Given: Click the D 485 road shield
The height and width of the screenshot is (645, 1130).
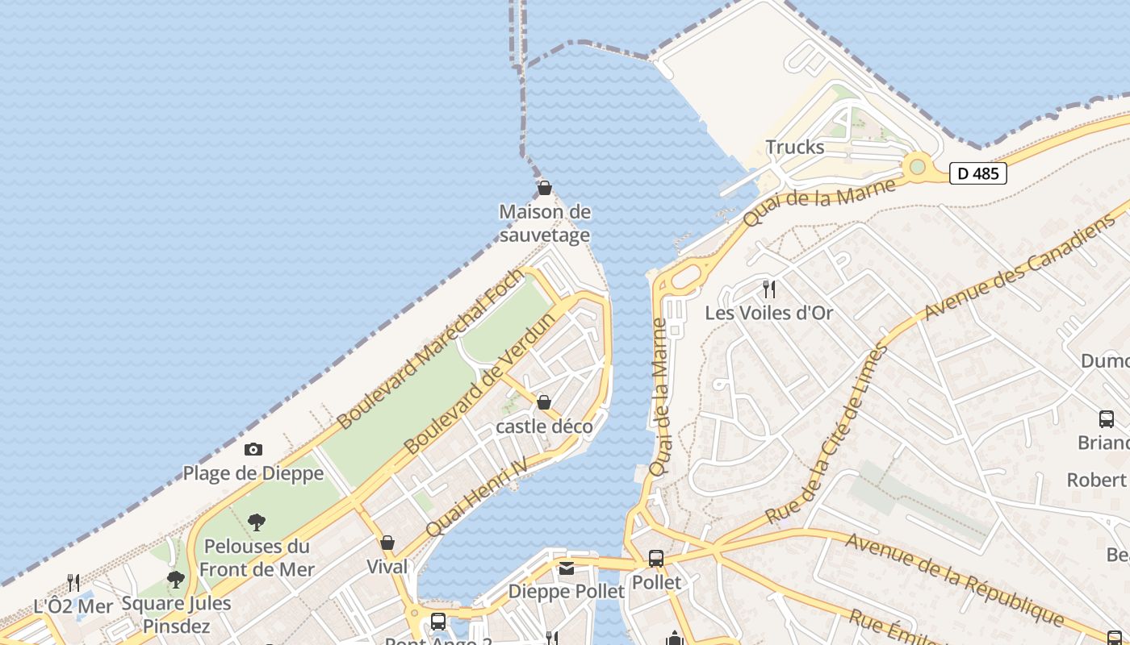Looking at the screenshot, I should [x=977, y=173].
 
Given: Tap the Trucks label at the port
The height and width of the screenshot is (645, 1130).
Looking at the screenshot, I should [x=795, y=147].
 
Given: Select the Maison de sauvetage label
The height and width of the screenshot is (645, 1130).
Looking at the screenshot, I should [x=545, y=223].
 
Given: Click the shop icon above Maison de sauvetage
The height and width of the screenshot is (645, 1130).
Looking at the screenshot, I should [x=545, y=189].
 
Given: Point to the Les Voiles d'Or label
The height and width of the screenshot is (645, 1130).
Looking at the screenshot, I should [x=768, y=313].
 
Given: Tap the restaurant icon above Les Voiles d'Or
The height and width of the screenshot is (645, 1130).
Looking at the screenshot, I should [x=769, y=289].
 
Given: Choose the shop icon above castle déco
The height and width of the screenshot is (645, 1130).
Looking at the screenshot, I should [x=544, y=402].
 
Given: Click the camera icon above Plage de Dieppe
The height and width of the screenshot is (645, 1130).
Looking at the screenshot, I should [x=253, y=450].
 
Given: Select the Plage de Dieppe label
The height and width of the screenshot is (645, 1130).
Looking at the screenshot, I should [x=253, y=473].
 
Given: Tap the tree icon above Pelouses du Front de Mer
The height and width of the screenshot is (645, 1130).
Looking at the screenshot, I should [x=257, y=522].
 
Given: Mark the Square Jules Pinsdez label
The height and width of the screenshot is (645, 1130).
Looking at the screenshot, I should [x=176, y=614].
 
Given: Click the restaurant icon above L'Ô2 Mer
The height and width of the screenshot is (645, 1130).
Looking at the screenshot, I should [x=73, y=582].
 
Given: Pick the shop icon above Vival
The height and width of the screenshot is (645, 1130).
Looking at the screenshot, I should [x=387, y=543].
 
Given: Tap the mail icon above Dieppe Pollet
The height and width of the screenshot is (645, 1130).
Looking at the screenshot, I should [x=567, y=569].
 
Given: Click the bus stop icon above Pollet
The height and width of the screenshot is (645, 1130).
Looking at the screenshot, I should [x=656, y=558].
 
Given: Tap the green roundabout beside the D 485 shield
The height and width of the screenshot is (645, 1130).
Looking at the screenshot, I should [x=917, y=167].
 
